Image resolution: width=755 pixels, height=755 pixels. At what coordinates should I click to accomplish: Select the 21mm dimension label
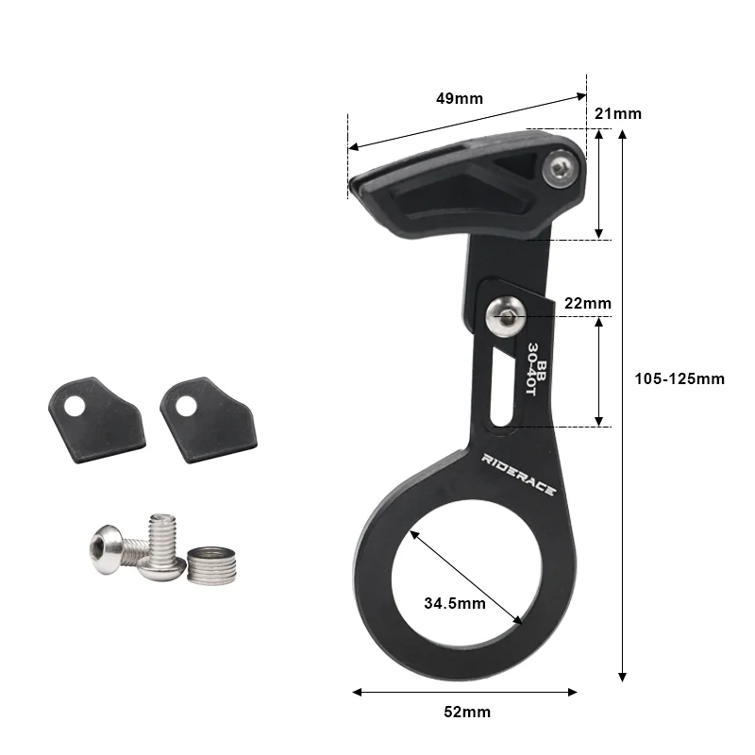click(x=618, y=113)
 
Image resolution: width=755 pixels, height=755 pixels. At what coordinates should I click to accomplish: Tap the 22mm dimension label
click(x=587, y=303)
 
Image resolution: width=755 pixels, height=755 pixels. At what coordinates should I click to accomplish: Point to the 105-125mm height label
click(x=679, y=378)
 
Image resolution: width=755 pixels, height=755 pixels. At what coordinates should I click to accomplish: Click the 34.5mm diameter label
click(x=455, y=602)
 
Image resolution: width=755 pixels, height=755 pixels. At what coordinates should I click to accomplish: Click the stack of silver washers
click(x=210, y=565)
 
